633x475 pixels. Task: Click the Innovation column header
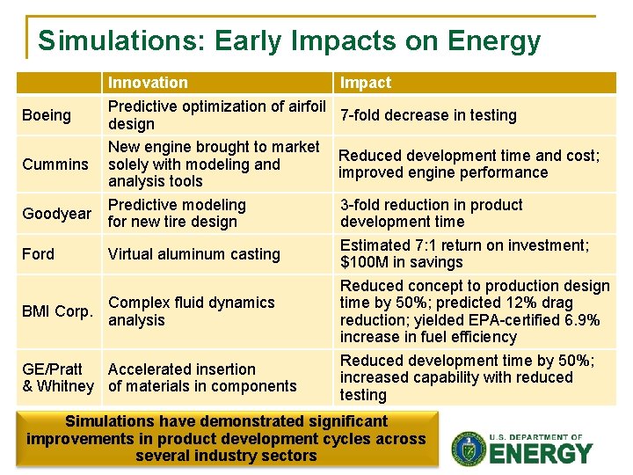pos(148,83)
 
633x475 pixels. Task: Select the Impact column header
pos(366,83)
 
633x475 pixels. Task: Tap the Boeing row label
pos(47,115)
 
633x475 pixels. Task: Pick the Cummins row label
pos(55,164)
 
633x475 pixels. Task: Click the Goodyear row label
pos(57,214)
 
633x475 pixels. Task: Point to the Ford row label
pos(38,254)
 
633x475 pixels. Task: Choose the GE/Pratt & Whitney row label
pos(58,377)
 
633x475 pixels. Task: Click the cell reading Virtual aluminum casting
pos(193,254)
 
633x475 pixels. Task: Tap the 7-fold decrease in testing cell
pos(428,115)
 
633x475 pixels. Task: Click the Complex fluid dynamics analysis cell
pos(192,311)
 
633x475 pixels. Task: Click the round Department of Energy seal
pos(468,449)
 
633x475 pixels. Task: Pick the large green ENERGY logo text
pos(541,454)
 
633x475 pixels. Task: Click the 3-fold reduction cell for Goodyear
pos(431,214)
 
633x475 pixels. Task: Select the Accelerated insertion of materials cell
pos(202,377)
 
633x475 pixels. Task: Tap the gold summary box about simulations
pos(226,438)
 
